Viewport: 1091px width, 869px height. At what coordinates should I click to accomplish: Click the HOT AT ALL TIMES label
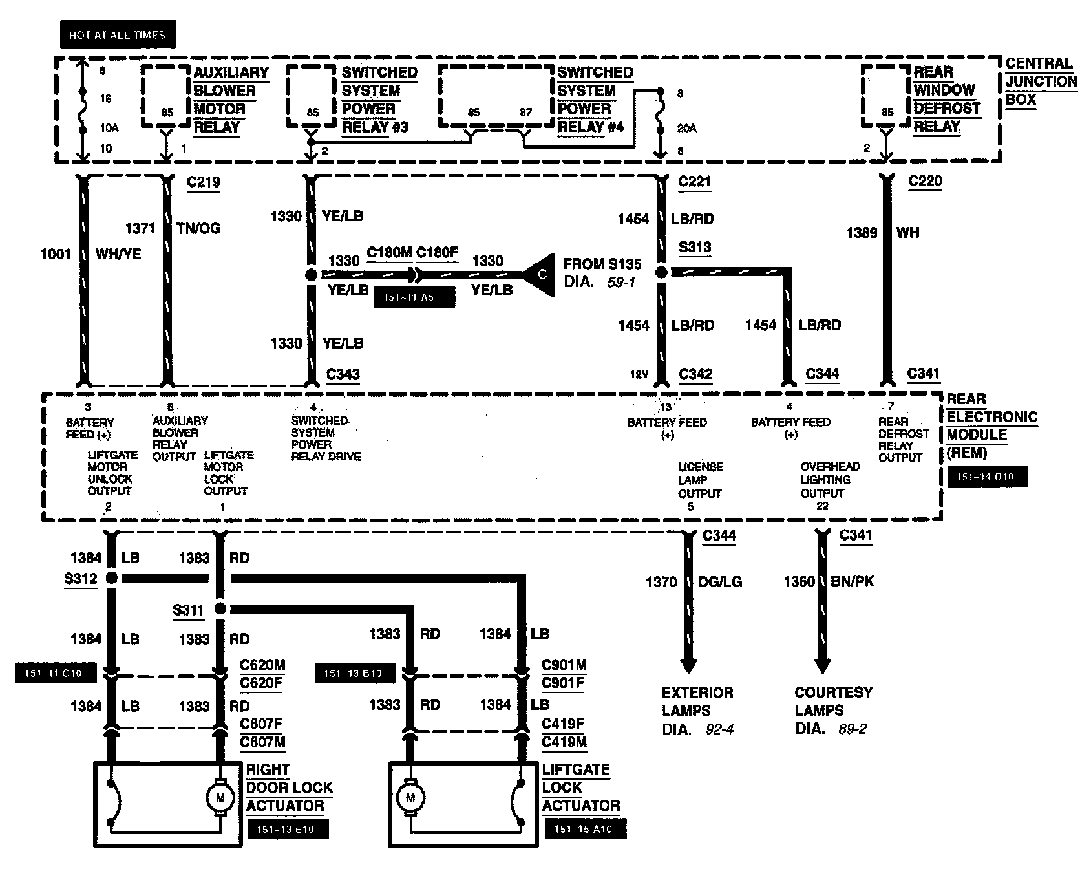coord(118,35)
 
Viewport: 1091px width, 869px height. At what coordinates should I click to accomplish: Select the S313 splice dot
coord(661,272)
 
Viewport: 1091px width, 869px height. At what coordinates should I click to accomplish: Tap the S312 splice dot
coord(112,577)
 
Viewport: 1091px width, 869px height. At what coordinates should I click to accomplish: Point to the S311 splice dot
coord(220,608)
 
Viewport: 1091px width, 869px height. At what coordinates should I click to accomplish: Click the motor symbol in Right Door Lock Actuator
coord(220,797)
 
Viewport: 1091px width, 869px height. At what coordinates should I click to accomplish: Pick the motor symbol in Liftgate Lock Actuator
coord(410,797)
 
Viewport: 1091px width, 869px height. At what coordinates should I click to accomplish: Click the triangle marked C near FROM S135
coord(540,274)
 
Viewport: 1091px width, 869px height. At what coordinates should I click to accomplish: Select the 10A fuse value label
coord(109,128)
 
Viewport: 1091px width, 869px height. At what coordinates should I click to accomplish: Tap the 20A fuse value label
coord(686,128)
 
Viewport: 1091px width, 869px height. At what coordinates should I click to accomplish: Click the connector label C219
coord(203,182)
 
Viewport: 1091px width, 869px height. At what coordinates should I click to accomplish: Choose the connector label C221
coord(695,182)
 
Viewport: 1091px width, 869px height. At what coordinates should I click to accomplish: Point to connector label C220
coord(925,181)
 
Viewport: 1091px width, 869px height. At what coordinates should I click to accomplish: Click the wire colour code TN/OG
coord(198,228)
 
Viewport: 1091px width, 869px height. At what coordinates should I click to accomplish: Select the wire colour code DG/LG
coord(720,582)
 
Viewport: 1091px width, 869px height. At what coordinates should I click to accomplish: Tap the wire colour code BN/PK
coord(852,581)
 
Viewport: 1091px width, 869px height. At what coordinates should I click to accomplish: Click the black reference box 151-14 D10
coord(988,477)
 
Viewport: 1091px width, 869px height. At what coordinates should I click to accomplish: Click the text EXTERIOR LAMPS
coord(697,702)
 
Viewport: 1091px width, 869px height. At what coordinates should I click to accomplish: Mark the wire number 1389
coord(862,233)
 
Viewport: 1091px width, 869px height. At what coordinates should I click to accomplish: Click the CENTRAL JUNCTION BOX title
coord(1041,81)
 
